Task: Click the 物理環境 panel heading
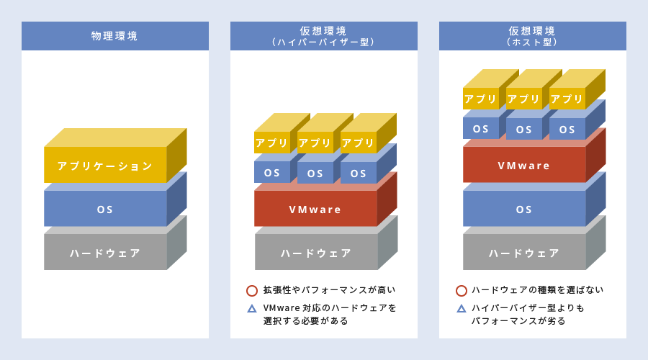pyautogui.click(x=115, y=36)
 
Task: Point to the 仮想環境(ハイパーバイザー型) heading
pyautogui.click(x=323, y=36)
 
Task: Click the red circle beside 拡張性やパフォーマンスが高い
pyautogui.click(x=252, y=291)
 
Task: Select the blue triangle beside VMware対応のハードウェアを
pyautogui.click(x=252, y=308)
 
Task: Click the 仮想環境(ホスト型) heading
pyautogui.click(x=532, y=36)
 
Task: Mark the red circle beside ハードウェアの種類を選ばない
pyautogui.click(x=462, y=291)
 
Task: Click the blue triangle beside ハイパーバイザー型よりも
pyautogui.click(x=462, y=308)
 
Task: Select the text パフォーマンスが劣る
pyautogui.click(x=518, y=320)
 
